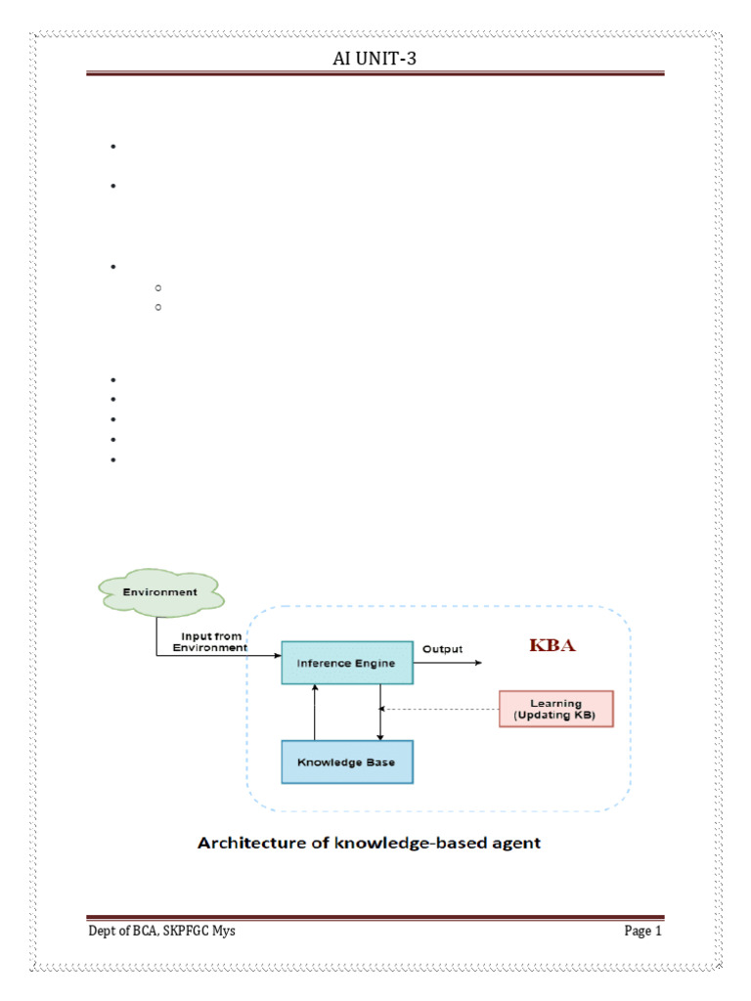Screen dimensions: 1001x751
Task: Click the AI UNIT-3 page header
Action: pyautogui.click(x=375, y=61)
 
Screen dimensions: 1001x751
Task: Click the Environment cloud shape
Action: pyautogui.click(x=160, y=591)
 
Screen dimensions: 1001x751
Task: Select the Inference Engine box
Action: pyautogui.click(x=346, y=663)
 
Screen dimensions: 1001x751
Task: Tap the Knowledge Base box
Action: pyautogui.click(x=346, y=762)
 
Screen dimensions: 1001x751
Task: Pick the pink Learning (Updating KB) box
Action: pyautogui.click(x=555, y=710)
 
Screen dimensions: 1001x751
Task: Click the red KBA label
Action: pyautogui.click(x=553, y=645)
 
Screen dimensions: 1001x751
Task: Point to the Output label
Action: pyautogui.click(x=442, y=648)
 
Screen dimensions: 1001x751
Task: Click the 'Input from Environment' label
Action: pyautogui.click(x=209, y=641)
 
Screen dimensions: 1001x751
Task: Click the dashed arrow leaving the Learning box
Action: pyautogui.click(x=440, y=710)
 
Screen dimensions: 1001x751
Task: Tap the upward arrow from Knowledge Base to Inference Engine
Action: pyautogui.click(x=314, y=712)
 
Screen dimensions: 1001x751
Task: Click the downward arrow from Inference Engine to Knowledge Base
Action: pyautogui.click(x=379, y=712)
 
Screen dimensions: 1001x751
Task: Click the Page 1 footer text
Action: pyautogui.click(x=643, y=931)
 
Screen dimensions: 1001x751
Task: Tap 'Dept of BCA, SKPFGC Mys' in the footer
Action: pyautogui.click(x=161, y=931)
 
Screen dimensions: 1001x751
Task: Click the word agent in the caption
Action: pyautogui.click(x=514, y=843)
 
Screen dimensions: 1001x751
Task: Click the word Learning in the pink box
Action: pyautogui.click(x=555, y=703)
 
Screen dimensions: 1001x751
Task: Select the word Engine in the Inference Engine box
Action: pyautogui.click(x=375, y=663)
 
